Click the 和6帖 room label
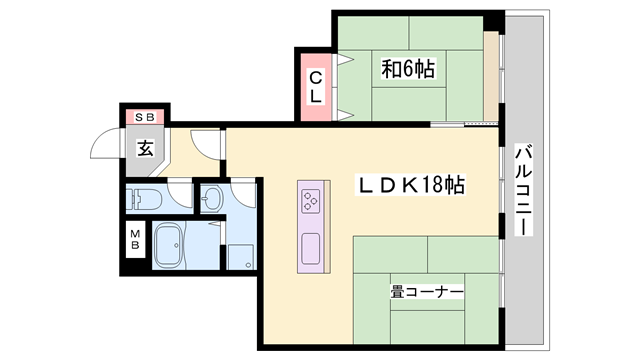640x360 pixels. coord(407,69)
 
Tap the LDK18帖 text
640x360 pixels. coord(410,186)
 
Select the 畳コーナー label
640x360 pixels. coord(427,292)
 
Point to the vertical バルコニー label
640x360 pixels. coord(521,190)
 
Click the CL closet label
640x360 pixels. coord(315,87)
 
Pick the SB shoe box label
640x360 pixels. coord(145,115)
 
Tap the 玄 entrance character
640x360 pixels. coord(146,149)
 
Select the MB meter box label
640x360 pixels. coord(134,241)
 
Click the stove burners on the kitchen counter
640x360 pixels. coord(310,199)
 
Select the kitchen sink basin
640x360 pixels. coord(310,245)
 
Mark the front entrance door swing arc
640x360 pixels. coord(104,146)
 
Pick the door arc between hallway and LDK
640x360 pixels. coord(206,145)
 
